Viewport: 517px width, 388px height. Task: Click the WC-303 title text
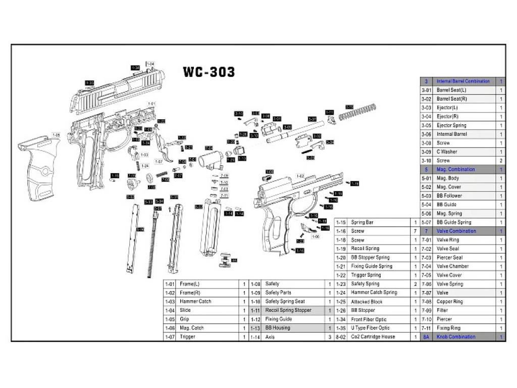209,72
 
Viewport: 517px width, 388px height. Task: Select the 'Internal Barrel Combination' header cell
462,81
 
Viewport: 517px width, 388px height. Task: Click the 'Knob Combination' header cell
455,337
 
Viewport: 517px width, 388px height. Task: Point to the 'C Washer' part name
447,152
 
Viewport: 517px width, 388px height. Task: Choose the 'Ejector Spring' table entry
451,125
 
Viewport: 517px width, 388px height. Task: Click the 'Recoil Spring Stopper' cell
288,310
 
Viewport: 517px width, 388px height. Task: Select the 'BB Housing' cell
278,328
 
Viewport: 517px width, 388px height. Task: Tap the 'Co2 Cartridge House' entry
373,336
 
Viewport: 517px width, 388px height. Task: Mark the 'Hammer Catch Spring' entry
374,293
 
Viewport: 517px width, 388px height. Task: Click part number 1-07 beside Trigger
170,337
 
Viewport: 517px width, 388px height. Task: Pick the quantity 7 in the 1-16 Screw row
415,231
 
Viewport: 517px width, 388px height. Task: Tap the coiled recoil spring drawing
357,112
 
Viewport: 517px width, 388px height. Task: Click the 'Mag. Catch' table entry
191,328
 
